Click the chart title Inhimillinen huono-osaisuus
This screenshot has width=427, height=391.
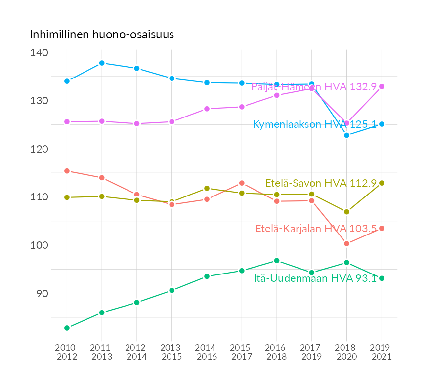pos(102,35)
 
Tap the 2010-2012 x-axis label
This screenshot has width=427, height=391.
pos(67,352)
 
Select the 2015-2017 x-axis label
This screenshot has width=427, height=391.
pos(242,352)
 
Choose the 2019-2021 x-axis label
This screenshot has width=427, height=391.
pos(382,352)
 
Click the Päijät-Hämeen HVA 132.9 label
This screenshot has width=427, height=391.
pos(314,87)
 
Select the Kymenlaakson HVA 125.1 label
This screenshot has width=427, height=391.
pos(314,124)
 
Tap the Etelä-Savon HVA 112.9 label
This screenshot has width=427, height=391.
pos(321,183)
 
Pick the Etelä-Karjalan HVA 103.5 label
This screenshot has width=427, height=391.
pos(316,229)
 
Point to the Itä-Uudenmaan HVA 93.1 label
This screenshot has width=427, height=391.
pos(315,278)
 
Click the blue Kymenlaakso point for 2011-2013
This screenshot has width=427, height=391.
pos(102,63)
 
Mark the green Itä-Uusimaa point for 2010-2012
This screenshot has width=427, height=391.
pos(67,328)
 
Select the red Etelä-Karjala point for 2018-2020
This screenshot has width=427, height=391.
pos(346,243)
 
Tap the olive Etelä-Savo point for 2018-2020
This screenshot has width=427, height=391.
pos(346,212)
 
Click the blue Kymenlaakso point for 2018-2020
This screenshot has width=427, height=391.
pos(346,135)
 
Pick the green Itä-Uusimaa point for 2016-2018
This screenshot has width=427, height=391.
pos(277,261)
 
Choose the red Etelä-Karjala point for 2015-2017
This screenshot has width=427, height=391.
pos(242,183)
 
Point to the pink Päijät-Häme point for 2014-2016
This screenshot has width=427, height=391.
pos(207,109)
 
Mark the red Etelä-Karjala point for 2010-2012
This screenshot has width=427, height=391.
pos(67,171)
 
